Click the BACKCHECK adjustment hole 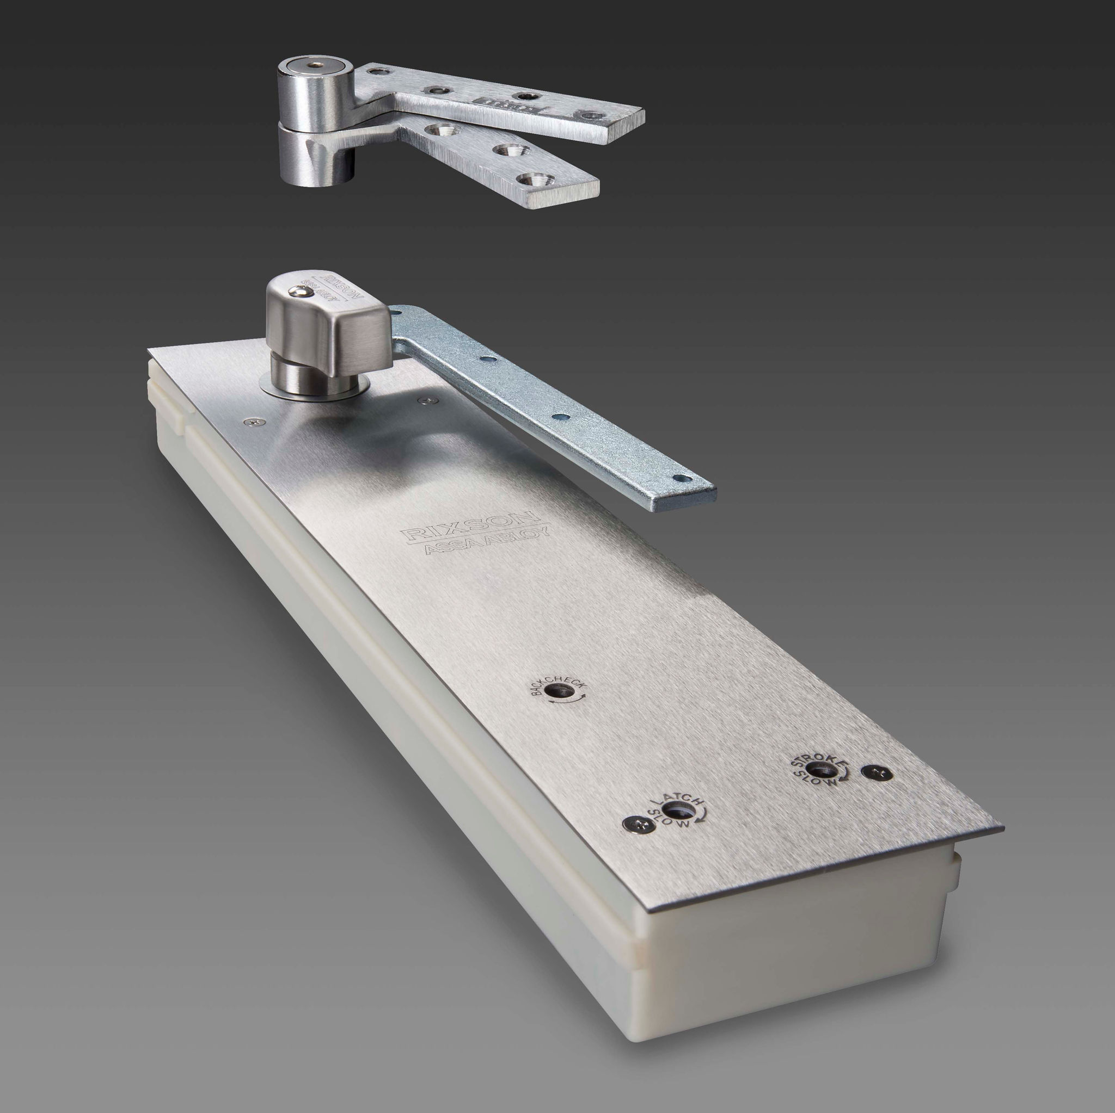(x=558, y=692)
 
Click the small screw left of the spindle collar (x=252, y=423)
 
